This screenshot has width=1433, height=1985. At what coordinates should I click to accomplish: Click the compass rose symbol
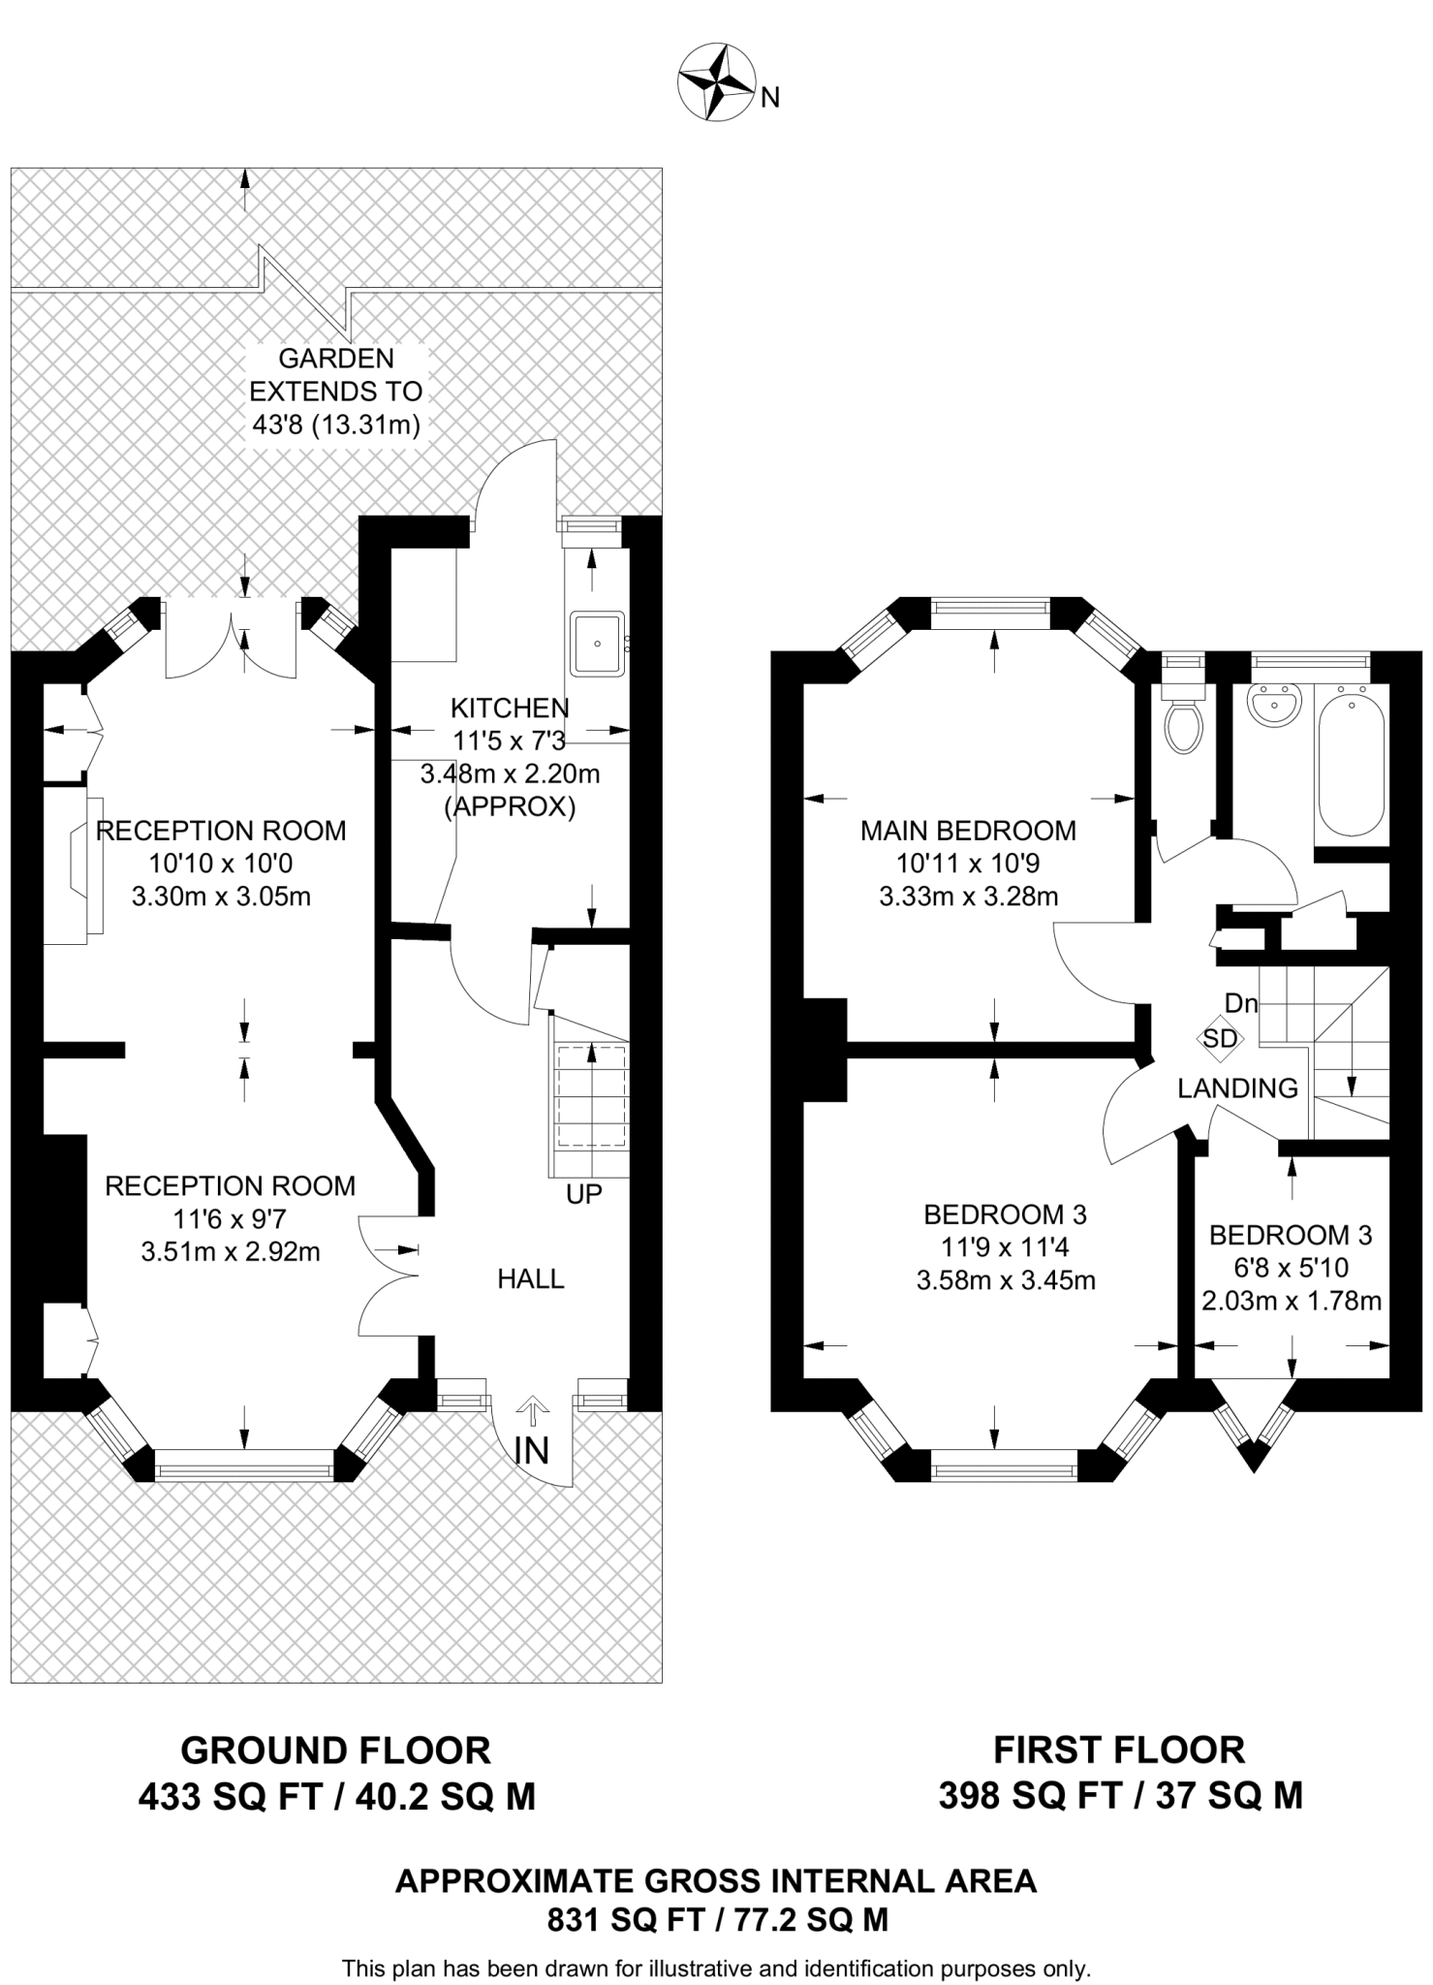[x=716, y=84]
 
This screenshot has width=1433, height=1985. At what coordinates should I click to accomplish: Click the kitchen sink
[x=598, y=643]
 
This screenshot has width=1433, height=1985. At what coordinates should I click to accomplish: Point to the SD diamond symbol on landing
[x=1220, y=1038]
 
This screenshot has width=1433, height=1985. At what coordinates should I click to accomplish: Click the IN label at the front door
[x=532, y=1451]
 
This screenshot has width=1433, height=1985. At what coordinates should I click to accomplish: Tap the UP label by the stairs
[x=584, y=1194]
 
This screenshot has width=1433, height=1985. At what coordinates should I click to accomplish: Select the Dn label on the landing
[x=1241, y=1003]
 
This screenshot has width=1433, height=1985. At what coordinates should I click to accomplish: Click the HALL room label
[x=531, y=1279]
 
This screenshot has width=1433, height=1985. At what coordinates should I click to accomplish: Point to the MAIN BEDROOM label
[x=968, y=831]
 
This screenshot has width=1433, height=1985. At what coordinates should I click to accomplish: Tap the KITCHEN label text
[x=510, y=709]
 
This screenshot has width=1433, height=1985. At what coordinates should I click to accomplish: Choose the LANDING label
[x=1237, y=1088]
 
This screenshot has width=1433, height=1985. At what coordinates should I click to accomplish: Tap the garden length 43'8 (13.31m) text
[x=335, y=425]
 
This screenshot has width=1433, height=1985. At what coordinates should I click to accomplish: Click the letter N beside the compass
[x=770, y=97]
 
